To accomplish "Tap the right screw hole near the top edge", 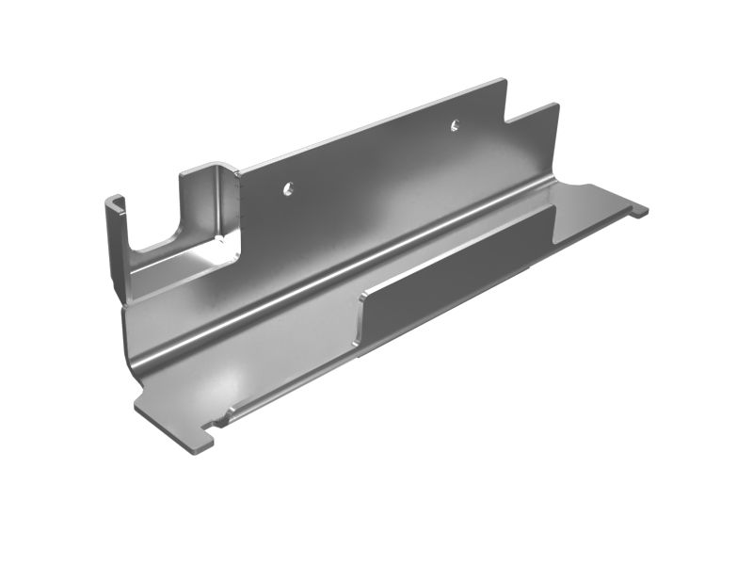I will point(455,124).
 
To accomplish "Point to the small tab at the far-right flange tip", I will point(640,211).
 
